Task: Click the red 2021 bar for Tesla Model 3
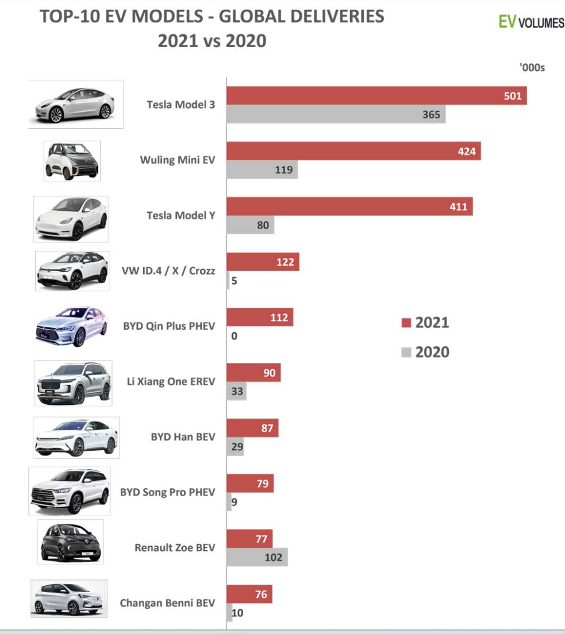click(376, 96)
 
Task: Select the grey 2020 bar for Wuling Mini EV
click(262, 170)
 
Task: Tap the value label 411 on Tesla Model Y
click(458, 207)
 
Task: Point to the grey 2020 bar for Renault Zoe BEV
click(257, 557)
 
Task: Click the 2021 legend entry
click(425, 323)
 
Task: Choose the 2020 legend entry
click(425, 352)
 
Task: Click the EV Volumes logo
click(531, 22)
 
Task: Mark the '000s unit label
click(532, 68)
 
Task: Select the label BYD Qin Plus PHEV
click(169, 326)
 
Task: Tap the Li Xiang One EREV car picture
click(73, 383)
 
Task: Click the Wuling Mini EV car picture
click(72, 161)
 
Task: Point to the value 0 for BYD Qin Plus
click(234, 336)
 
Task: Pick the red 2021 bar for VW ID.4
click(263, 262)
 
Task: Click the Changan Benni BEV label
click(167, 603)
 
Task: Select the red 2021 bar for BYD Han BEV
click(252, 428)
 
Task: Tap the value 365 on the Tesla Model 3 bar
click(431, 114)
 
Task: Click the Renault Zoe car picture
click(71, 542)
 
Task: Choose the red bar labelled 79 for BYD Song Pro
click(250, 484)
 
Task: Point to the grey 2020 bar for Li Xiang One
click(236, 392)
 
